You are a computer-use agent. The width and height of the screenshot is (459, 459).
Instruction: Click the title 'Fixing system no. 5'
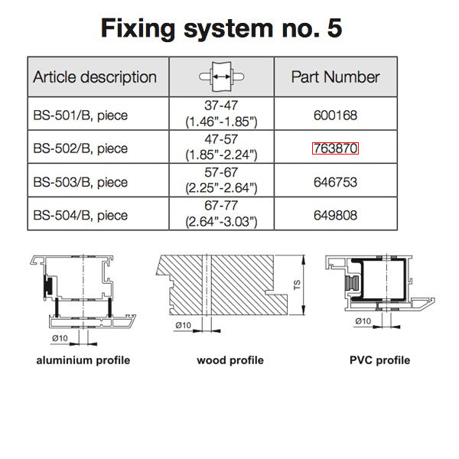[222, 29]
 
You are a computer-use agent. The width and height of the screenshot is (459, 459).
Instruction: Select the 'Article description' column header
[95, 76]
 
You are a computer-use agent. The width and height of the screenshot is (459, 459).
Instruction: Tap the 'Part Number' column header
[335, 76]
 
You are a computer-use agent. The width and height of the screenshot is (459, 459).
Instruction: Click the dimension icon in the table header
[221, 77]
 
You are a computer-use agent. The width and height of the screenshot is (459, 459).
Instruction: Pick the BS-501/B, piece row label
[80, 116]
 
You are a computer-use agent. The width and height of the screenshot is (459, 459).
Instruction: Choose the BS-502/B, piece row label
[80, 148]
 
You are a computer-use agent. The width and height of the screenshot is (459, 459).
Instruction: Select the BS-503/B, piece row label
[80, 182]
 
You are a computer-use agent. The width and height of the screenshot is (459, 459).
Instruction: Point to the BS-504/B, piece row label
[80, 215]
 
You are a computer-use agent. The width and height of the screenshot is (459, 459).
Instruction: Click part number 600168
[335, 116]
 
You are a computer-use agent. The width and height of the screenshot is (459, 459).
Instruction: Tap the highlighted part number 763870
[335, 148]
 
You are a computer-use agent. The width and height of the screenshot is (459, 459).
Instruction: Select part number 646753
[335, 182]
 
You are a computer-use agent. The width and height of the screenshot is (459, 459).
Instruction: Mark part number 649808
[335, 215]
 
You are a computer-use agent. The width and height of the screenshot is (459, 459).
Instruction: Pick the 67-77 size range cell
[221, 215]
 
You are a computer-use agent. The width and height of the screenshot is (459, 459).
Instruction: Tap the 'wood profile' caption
[229, 360]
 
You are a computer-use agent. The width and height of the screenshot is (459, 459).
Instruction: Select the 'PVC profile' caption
[379, 360]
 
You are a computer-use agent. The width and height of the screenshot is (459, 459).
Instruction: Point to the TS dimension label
[297, 285]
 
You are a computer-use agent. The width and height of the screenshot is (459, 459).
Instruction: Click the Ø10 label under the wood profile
[184, 325]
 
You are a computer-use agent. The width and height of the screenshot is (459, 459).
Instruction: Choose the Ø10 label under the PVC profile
[364, 321]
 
